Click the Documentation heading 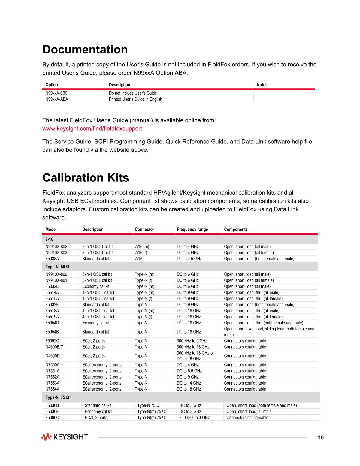(x=85, y=50)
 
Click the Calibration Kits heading (x=86, y=178)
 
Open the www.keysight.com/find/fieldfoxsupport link (x=92, y=129)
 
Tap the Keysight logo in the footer (x=65, y=437)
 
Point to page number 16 (x=321, y=437)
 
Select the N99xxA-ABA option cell (x=57, y=99)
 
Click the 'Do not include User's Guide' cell (x=133, y=93)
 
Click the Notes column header (x=262, y=85)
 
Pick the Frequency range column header (x=192, y=230)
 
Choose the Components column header (x=236, y=230)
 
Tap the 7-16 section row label (x=50, y=239)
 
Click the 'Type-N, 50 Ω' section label (x=57, y=267)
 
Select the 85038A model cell (x=52, y=259)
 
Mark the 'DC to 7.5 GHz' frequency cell (x=189, y=259)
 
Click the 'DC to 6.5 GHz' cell (x=189, y=371)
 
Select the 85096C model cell (x=52, y=418)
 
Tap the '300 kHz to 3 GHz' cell (x=194, y=418)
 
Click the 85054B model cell (x=52, y=332)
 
